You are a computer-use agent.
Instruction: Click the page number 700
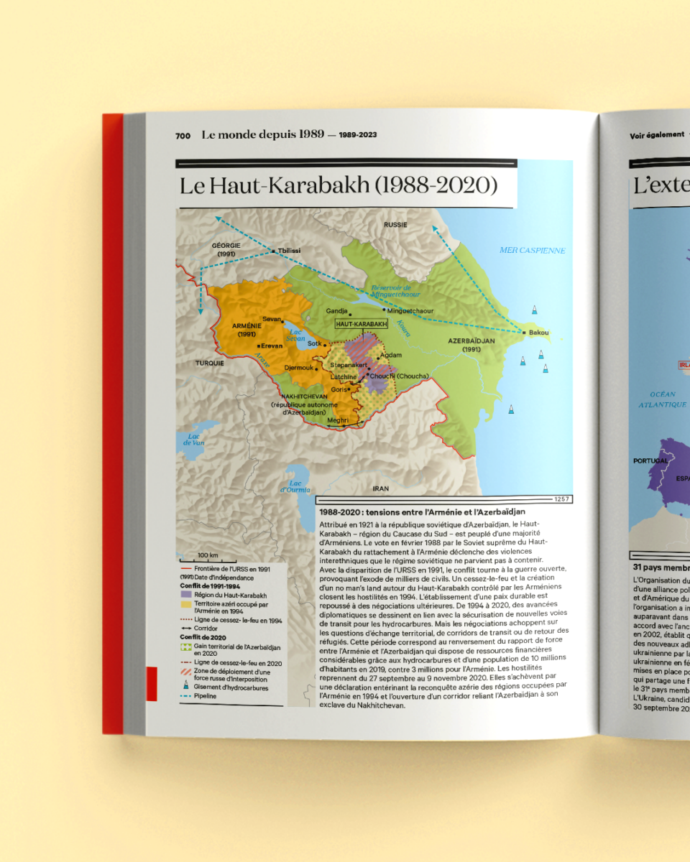click(183, 134)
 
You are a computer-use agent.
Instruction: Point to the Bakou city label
click(538, 333)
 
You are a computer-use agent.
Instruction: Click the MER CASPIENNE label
click(533, 251)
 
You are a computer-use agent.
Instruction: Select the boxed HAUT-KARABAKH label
click(362, 325)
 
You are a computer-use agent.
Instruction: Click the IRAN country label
click(381, 488)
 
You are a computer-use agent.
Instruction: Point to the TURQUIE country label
click(210, 363)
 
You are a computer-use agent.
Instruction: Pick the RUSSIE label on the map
click(395, 225)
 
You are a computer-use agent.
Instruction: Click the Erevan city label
click(272, 346)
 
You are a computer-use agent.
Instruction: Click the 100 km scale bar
click(208, 555)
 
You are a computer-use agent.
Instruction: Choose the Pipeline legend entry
click(205, 696)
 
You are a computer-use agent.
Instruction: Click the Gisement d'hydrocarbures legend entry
click(230, 687)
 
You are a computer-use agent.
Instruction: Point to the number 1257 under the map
click(562, 499)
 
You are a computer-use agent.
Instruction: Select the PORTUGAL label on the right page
click(650, 460)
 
